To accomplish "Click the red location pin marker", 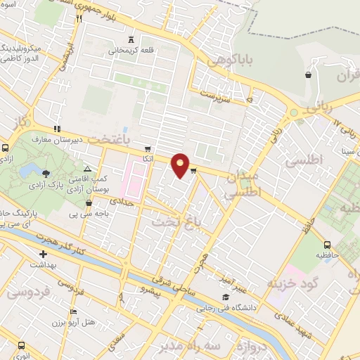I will coord(181,165).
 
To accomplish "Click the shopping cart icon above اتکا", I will coord(147,148).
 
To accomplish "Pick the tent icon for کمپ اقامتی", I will coord(87,169).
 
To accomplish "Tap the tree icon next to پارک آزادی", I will coord(46,173).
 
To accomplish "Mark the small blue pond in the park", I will coord(29,171).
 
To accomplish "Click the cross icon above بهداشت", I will coord(44,254).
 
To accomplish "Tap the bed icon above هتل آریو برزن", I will coord(73,311).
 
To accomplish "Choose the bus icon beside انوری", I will coord(22,345).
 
